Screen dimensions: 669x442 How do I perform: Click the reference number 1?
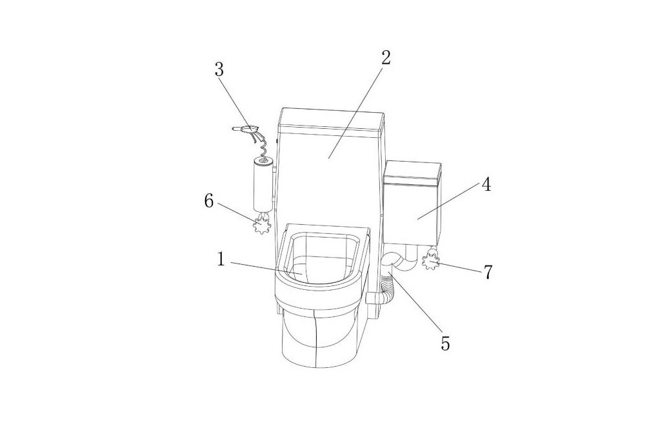(x=221, y=259)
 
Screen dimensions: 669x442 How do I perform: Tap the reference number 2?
(x=386, y=57)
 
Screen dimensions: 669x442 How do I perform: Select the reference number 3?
(x=219, y=70)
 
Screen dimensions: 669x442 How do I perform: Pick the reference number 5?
(x=445, y=343)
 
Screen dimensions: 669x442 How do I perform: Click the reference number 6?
(x=208, y=200)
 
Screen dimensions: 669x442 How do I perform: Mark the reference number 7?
(x=488, y=271)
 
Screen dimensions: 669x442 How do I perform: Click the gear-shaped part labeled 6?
(x=262, y=224)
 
